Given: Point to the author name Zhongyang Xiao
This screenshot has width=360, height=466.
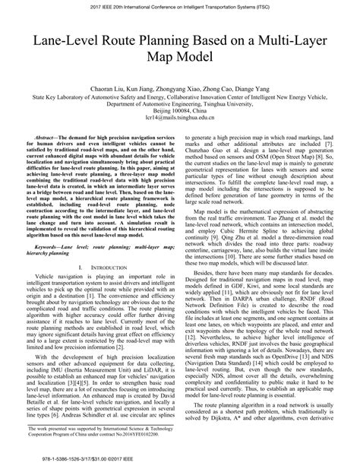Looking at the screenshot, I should click(178, 77).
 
